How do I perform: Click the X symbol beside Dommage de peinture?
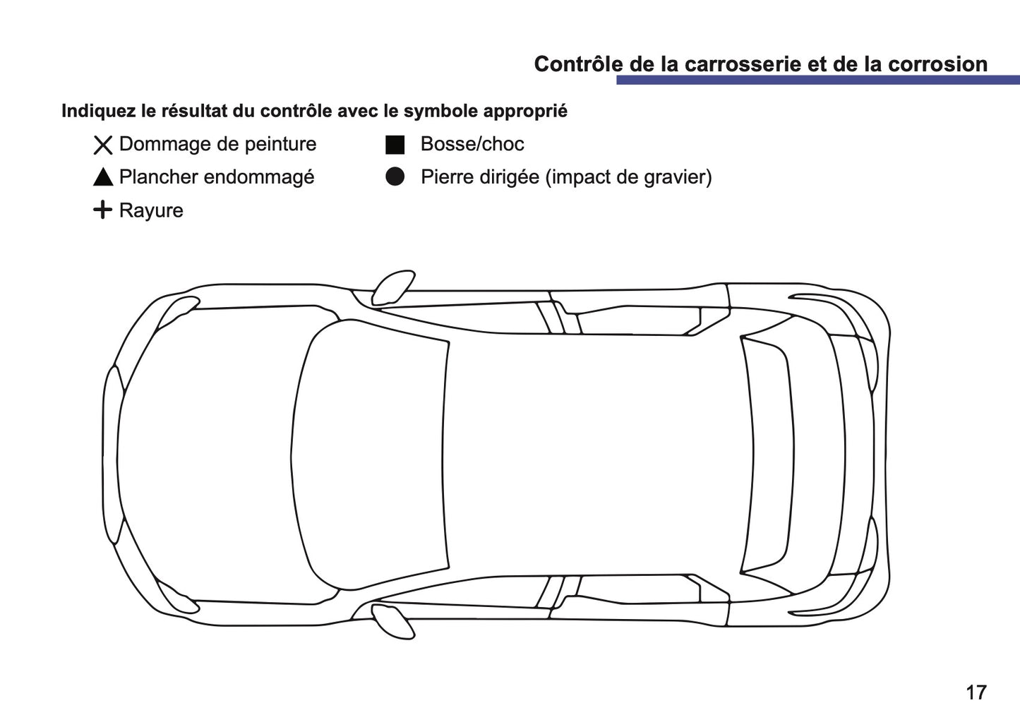[103, 145]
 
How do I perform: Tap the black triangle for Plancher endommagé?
[103, 177]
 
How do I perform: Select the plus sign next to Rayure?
[102, 210]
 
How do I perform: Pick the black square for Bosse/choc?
[395, 145]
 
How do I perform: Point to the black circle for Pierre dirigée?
[395, 177]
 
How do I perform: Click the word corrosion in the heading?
[937, 64]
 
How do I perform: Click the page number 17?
[976, 692]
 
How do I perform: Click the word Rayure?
[151, 210]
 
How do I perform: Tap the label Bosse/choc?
[472, 145]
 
